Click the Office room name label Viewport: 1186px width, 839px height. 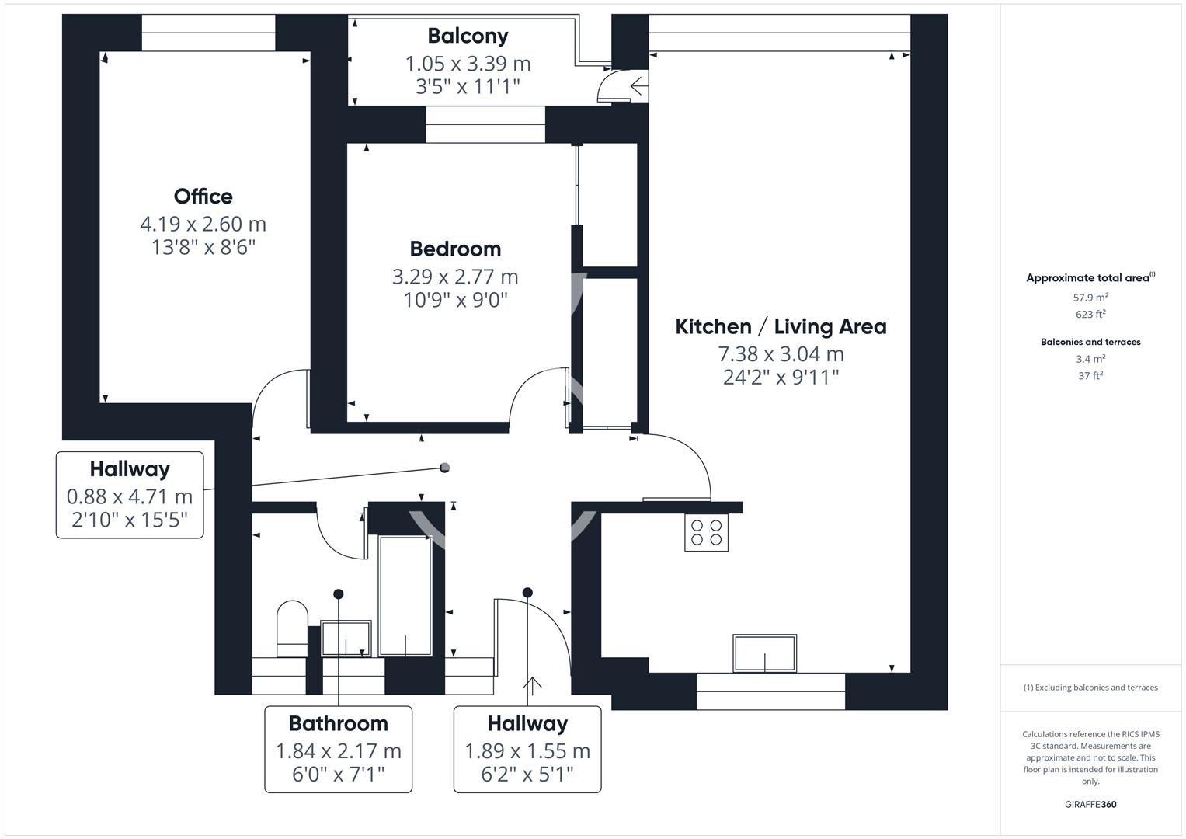point(203,197)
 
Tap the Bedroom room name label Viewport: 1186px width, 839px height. point(455,249)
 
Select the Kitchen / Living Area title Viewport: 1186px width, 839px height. point(781,326)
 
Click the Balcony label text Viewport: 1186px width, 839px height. point(468,36)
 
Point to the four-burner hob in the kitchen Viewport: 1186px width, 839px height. point(706,533)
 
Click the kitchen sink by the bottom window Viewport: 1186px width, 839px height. point(764,653)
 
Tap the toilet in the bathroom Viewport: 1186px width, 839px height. point(292,628)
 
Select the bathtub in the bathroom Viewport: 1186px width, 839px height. point(405,596)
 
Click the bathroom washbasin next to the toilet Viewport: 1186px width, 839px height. point(346,638)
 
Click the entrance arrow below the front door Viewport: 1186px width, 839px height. point(533,686)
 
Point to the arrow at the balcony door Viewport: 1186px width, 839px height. point(638,85)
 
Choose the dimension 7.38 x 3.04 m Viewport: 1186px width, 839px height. point(781,354)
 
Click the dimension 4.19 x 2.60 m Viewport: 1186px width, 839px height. point(203,225)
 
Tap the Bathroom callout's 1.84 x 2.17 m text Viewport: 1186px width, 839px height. point(339,751)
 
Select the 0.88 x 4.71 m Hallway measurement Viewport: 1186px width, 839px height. point(130,496)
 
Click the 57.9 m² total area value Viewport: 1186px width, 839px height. point(1090,298)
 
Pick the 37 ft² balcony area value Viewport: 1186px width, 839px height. point(1090,376)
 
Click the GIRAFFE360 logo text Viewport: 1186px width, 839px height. point(1090,804)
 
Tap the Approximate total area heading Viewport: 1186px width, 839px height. point(1090,278)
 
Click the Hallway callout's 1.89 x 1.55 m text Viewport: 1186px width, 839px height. point(527,751)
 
